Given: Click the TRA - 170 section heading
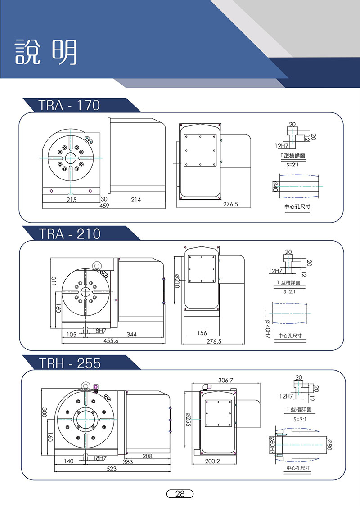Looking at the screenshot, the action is point(69,105).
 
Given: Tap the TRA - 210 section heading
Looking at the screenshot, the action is point(70,233).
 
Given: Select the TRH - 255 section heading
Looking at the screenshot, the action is point(70,363).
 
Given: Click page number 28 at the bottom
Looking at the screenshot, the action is point(180,494).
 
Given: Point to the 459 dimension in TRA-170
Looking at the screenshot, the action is point(104,206).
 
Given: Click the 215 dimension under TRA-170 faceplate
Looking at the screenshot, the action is point(72,200).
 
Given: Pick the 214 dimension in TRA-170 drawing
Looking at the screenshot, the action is point(136,200).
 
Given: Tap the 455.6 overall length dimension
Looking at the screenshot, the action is point(111,341).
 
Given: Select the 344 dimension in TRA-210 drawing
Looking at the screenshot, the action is point(131,335).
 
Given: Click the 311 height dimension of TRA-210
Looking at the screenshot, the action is point(54,281).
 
